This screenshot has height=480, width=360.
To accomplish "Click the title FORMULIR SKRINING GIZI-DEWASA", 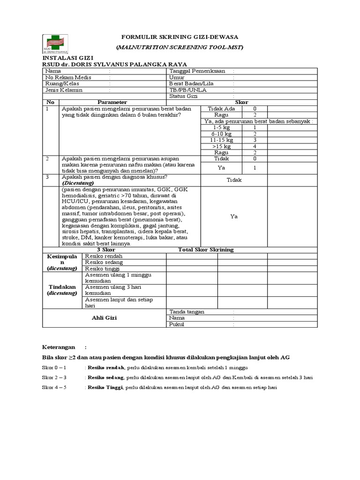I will [x=180, y=37].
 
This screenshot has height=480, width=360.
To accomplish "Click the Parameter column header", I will [x=112, y=102].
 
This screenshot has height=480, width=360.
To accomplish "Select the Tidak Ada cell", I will [x=221, y=109].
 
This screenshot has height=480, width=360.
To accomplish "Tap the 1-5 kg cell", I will [x=221, y=127].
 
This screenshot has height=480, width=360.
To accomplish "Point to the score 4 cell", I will [x=255, y=146].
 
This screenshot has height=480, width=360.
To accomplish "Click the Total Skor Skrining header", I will [x=206, y=250].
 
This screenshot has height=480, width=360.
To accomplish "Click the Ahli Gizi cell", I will [x=104, y=318].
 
